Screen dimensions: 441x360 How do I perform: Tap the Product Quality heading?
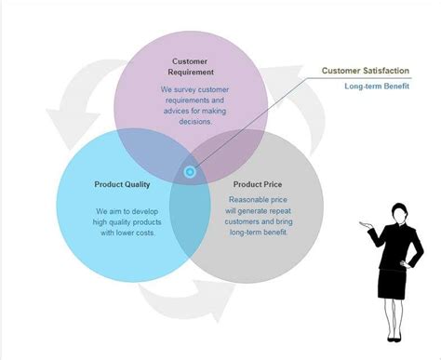[122, 183]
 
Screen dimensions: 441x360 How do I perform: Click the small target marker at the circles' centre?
[191, 171]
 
